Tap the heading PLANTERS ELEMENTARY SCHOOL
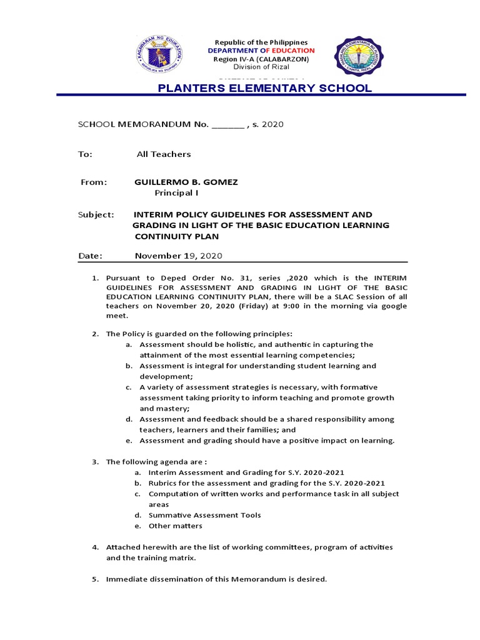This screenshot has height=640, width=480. (264, 88)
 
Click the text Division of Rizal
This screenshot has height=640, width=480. (262, 67)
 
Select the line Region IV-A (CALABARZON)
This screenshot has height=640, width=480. (262, 59)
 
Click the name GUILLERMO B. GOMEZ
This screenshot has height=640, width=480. (186, 182)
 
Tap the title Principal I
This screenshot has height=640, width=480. (176, 193)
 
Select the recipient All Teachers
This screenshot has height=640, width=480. (164, 154)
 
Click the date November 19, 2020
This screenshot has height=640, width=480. (178, 256)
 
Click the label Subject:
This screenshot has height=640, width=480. (96, 214)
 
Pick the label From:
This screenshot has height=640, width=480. (94, 182)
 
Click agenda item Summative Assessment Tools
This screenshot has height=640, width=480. (204, 515)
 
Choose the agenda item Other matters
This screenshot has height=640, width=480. (175, 526)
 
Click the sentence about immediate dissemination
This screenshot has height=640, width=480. (216, 579)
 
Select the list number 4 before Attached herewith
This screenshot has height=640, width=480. (94, 547)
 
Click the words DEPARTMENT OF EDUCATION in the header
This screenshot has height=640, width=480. (261, 50)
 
